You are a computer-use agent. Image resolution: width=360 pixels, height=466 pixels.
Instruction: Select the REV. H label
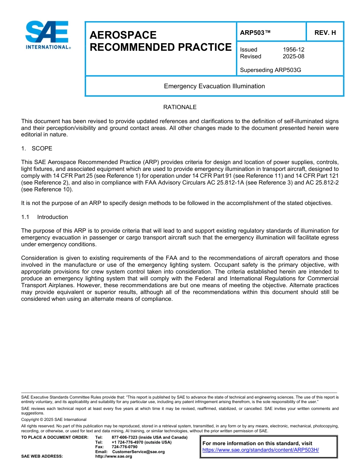coord(325,33)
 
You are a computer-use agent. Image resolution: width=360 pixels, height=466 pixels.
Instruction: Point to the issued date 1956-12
coord(293,50)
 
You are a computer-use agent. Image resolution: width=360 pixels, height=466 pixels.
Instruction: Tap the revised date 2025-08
coord(293,56)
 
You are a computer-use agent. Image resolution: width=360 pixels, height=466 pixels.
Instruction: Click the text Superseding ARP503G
coord(271,70)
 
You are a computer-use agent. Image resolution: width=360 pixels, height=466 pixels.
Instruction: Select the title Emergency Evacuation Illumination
coord(214,86)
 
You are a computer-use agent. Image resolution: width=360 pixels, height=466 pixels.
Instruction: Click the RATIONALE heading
coord(180,107)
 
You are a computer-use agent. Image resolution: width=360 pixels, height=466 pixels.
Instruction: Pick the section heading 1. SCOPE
coord(37,148)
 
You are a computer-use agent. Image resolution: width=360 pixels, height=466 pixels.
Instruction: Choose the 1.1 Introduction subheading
coord(45,217)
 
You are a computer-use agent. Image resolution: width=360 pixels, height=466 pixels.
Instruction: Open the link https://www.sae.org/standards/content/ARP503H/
coord(260,450)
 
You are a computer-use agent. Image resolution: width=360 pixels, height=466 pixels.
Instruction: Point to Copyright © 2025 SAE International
coord(54,419)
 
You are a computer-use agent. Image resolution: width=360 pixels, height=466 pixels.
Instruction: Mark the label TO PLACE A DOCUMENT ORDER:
coord(55,438)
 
